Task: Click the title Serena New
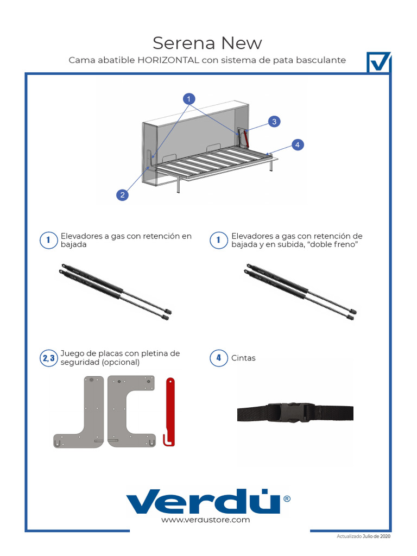pos(207,42)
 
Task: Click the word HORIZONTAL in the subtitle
pos(168,60)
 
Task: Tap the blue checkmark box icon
pos(378,62)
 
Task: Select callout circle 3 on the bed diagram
pos(275,122)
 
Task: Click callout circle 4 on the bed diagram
pos(297,144)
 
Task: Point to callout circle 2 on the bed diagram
pos(123,195)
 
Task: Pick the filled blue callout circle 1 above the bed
pos(189,99)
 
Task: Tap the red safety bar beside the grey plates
pos(169,411)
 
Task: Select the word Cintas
pos(243,358)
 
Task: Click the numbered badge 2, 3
pos(49,358)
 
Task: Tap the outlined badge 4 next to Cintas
pos(219,358)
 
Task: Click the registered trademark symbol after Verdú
pos(287,498)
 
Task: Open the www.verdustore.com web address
pos(206,520)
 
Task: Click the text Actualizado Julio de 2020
pos(363,536)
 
